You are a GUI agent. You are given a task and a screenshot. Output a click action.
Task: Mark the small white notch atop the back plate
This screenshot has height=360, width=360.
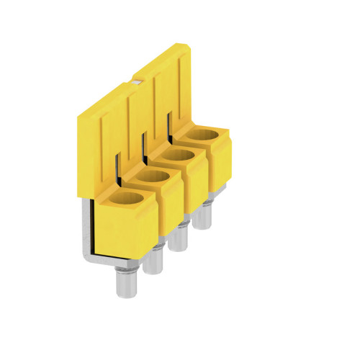coord(137,81)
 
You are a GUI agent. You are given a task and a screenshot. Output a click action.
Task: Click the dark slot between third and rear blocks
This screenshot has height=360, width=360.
coord(171,122)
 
